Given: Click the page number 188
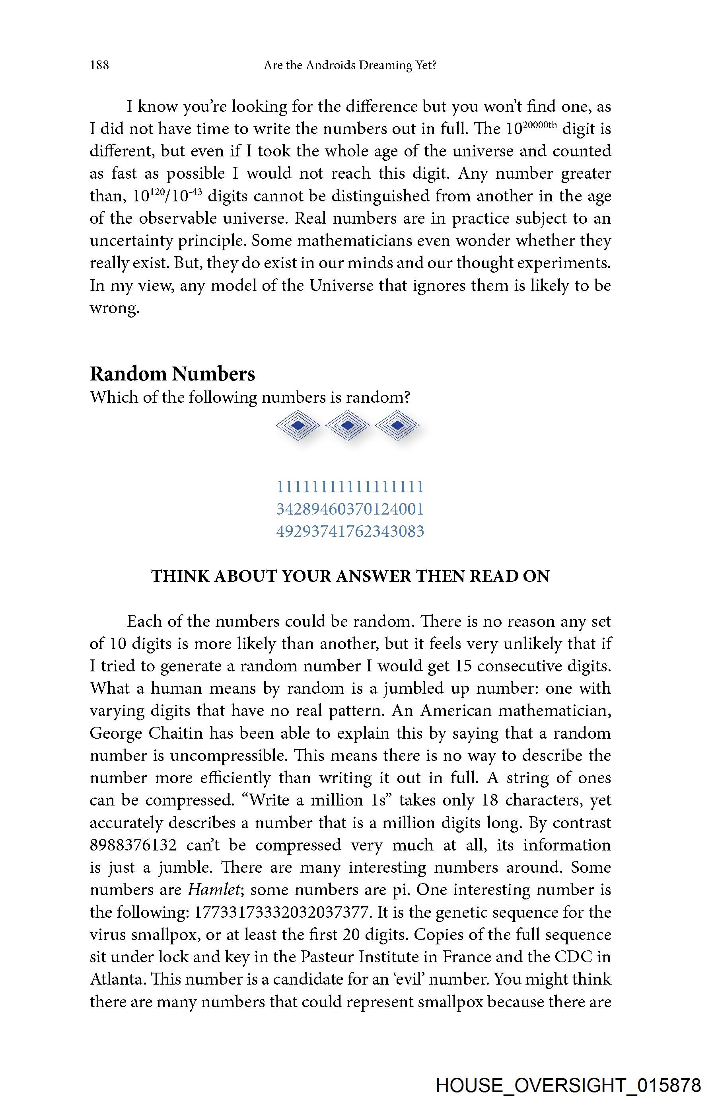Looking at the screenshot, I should tap(99, 65).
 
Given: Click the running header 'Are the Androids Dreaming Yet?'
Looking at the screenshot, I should tap(350, 65).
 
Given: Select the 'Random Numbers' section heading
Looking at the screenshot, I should tap(172, 374).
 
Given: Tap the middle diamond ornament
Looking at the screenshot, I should tap(347, 425).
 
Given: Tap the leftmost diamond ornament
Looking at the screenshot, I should tap(298, 425).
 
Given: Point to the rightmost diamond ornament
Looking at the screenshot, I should tap(397, 425).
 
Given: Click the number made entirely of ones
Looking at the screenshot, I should tap(350, 487).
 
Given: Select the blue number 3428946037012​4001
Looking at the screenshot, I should tap(350, 509).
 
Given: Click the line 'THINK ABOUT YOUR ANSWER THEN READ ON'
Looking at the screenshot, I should tap(350, 576).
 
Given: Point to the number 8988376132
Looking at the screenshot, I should tap(133, 845).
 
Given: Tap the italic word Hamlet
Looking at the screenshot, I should tap(214, 889).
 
